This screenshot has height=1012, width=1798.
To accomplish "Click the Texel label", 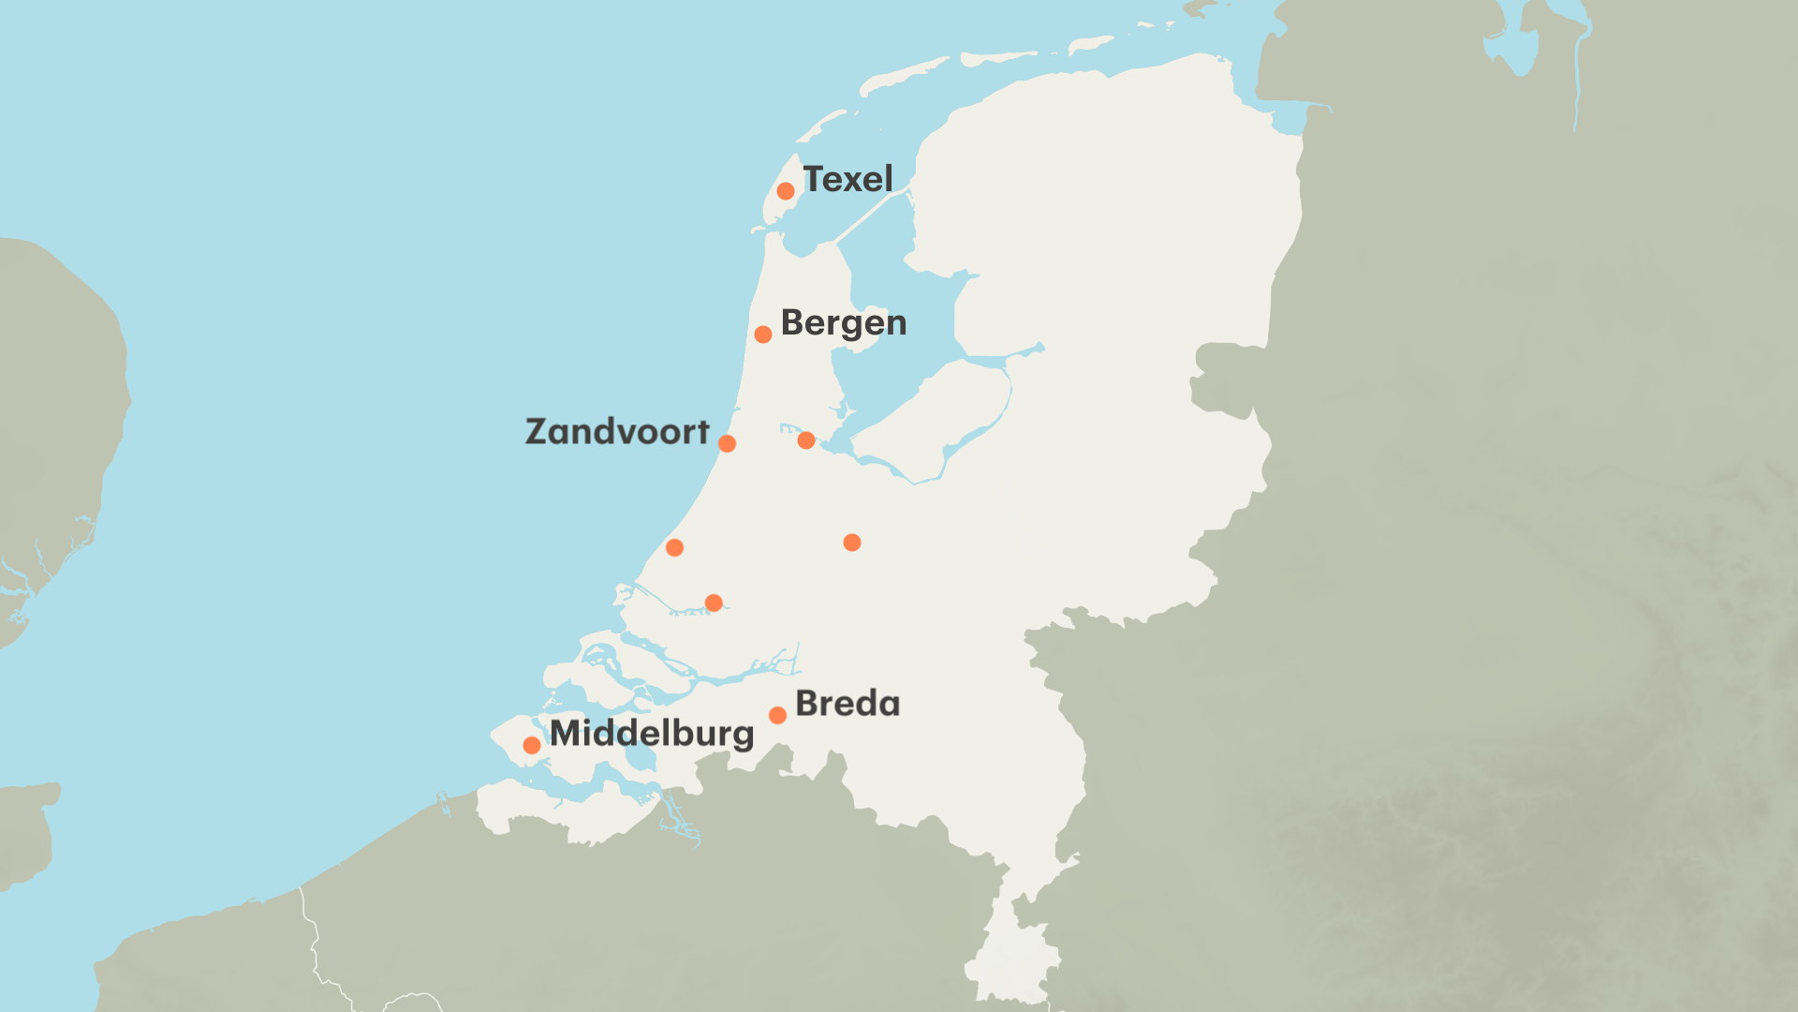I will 847,179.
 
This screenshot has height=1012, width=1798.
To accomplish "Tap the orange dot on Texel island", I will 786,191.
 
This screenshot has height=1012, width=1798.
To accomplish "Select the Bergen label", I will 843,322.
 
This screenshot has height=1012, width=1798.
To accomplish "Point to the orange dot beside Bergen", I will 763,335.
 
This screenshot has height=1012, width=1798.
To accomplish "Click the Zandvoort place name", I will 617,432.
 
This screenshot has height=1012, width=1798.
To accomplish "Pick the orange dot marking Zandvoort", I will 727,443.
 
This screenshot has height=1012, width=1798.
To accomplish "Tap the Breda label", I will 847,704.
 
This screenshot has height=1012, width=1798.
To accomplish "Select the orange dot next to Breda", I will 777,716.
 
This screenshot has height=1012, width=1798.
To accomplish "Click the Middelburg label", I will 652,733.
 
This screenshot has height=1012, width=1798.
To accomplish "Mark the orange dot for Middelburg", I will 532,746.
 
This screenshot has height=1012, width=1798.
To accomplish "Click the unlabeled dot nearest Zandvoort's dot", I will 806,440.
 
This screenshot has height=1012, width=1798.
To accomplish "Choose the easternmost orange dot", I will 852,543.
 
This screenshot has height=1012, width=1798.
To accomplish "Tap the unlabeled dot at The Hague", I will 674,547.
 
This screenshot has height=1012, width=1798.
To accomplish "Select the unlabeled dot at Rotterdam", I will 714,603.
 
